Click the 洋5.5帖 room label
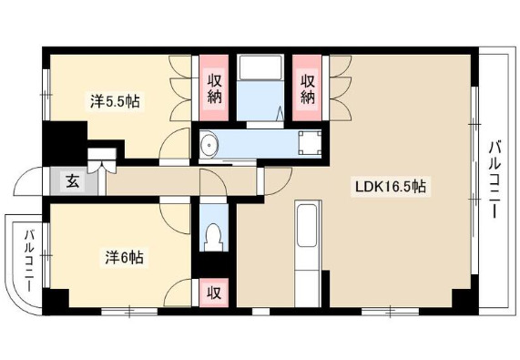(115, 101)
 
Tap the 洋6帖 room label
(125, 257)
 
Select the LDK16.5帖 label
(391, 187)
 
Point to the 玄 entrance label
(73, 181)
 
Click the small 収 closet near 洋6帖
(214, 293)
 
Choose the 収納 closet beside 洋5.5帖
(214, 87)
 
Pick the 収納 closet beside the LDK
(307, 87)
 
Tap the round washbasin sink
(209, 145)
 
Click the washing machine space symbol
(310, 143)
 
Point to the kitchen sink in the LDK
(307, 226)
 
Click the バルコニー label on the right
(495, 180)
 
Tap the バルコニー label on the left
(29, 261)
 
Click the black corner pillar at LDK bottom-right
(464, 299)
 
